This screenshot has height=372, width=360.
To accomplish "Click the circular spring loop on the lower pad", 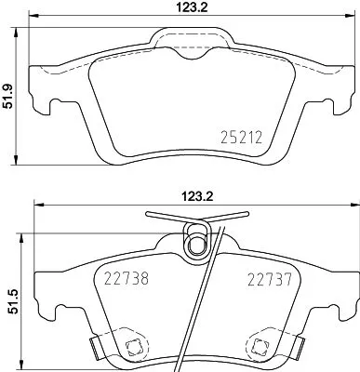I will pyautogui.click(x=196, y=244).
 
